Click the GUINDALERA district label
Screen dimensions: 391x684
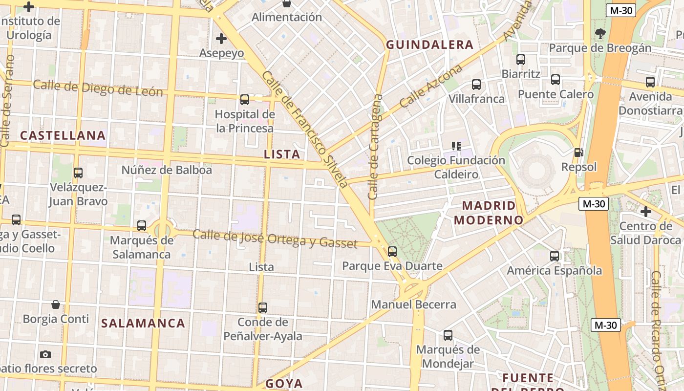click(x=430, y=45)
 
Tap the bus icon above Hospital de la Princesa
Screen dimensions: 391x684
click(x=245, y=100)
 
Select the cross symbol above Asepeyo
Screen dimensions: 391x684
click(x=221, y=38)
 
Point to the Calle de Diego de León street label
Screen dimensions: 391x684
click(x=98, y=88)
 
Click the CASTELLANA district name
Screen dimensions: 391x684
click(x=63, y=135)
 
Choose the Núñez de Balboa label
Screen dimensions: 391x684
click(x=167, y=170)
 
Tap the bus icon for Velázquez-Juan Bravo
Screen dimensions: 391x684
click(x=78, y=173)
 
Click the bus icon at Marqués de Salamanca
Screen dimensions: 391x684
click(x=142, y=226)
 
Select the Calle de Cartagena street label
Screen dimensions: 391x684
click(x=375, y=147)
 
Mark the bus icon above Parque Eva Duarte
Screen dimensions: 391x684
click(x=392, y=252)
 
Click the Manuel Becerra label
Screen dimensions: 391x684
click(x=413, y=304)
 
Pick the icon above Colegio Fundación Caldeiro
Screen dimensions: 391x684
click(x=456, y=146)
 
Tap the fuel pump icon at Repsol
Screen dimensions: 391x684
click(x=578, y=152)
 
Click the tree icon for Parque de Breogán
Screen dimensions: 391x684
click(x=600, y=34)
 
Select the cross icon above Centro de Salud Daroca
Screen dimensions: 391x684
click(x=646, y=212)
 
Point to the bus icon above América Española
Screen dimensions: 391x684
click(x=554, y=256)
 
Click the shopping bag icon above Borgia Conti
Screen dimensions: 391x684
click(x=56, y=304)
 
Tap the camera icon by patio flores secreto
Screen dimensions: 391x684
click(x=45, y=354)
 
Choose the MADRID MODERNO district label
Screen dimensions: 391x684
click(x=489, y=213)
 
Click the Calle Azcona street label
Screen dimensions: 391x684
click(x=431, y=87)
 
